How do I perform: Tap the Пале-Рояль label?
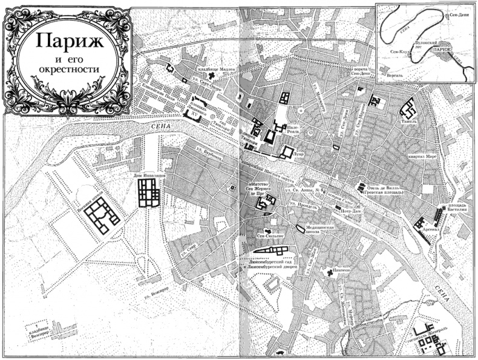(293, 128)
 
